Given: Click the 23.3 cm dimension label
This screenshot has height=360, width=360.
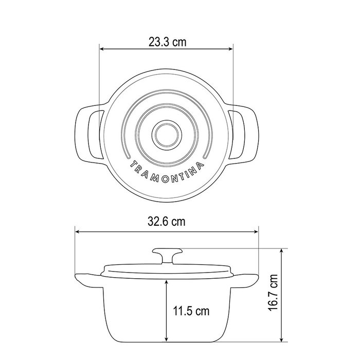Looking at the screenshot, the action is (x=167, y=42).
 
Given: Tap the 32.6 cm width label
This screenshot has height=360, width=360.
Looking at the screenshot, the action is (x=167, y=222).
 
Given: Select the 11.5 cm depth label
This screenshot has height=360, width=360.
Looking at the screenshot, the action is (x=191, y=311).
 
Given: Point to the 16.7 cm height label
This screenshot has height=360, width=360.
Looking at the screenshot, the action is (x=273, y=292).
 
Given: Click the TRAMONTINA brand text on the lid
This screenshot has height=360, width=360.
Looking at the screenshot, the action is (x=167, y=172).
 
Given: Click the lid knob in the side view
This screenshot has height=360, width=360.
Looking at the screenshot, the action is (x=167, y=255).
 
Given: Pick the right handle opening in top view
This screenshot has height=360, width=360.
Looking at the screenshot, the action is (x=237, y=134).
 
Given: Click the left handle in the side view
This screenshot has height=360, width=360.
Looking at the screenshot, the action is (x=88, y=281).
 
